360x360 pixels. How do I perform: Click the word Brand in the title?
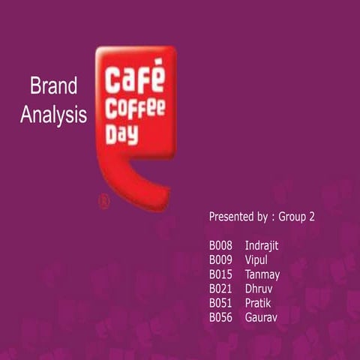[x=53, y=86]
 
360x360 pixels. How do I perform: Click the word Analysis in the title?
[x=53, y=115]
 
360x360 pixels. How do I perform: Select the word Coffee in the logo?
[x=135, y=108]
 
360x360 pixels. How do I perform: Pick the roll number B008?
[x=221, y=246]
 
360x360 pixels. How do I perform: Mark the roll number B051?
[x=221, y=303]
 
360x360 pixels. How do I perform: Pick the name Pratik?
[x=258, y=303]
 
